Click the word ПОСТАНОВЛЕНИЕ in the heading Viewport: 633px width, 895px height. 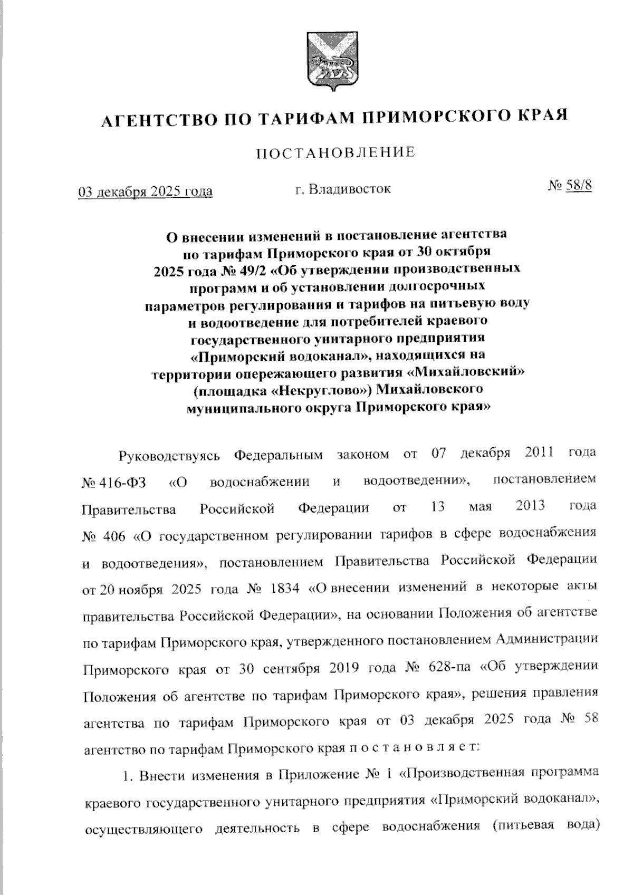tap(335, 153)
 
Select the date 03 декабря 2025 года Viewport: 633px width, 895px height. tap(146, 191)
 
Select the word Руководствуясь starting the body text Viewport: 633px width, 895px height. tap(165, 455)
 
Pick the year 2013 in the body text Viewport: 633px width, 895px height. tap(530, 506)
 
